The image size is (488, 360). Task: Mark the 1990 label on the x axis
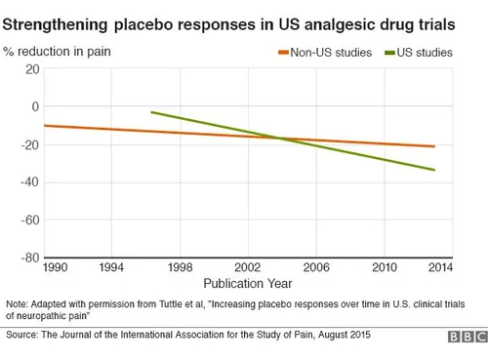tap(56, 267)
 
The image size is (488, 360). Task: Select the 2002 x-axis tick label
tap(248, 267)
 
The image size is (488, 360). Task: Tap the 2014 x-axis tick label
tap(440, 267)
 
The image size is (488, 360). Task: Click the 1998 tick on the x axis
tap(179, 267)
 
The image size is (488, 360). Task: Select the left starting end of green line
tap(151, 112)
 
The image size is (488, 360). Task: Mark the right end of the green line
tap(434, 170)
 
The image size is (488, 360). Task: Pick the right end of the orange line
tap(434, 146)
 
